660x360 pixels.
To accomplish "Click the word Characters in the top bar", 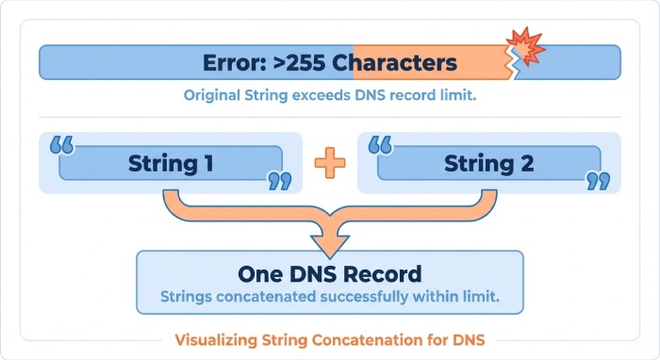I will (x=400, y=63).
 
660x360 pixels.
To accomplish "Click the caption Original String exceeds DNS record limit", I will (x=329, y=95).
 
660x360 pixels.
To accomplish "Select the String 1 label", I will (x=170, y=163).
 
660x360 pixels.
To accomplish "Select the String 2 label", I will (x=489, y=163).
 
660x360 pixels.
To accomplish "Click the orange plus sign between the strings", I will (x=330, y=162).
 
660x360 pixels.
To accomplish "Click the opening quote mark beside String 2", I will (x=380, y=146).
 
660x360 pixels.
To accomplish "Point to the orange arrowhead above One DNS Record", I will (x=329, y=241).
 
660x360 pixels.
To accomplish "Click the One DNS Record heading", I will (x=329, y=274).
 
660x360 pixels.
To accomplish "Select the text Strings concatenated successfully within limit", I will (x=329, y=297).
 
